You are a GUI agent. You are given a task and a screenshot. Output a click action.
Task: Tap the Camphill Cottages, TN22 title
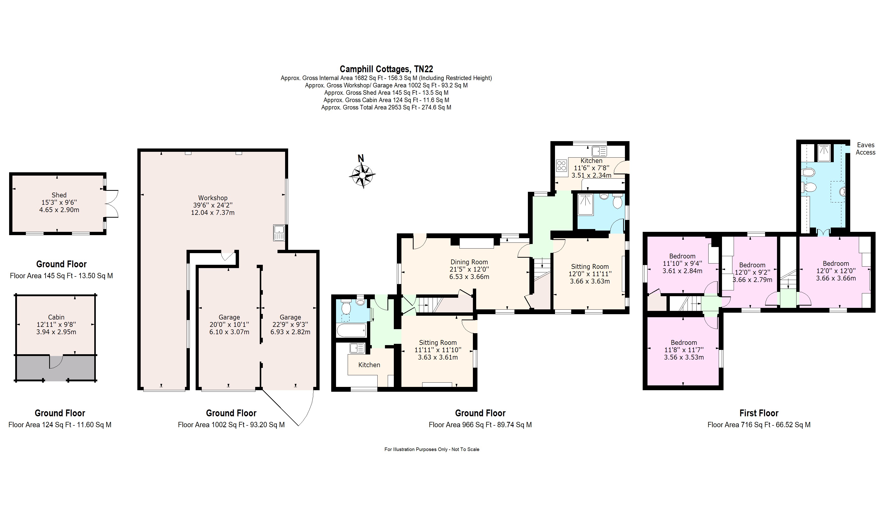click(x=386, y=69)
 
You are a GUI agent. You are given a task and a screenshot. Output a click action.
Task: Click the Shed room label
click(x=59, y=195)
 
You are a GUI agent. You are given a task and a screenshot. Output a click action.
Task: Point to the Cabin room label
click(x=56, y=317)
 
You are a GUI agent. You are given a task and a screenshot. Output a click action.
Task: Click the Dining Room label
click(x=469, y=262)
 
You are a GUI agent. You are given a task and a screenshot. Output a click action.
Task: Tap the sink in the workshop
click(x=279, y=233)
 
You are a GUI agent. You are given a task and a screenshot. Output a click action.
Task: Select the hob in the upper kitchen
click(x=561, y=166)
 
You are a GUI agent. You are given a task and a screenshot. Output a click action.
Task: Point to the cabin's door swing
click(x=56, y=362)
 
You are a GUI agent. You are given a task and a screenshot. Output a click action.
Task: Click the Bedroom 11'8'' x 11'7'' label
click(x=684, y=350)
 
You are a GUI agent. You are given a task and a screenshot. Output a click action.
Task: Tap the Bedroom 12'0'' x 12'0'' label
click(x=836, y=271)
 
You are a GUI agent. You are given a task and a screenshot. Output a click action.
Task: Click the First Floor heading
click(x=759, y=413)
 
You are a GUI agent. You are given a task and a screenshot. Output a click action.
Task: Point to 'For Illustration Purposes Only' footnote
click(x=416, y=449)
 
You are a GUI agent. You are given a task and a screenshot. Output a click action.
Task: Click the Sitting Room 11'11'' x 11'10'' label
click(x=438, y=350)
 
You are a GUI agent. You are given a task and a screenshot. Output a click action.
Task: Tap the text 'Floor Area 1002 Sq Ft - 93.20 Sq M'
click(x=231, y=424)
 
